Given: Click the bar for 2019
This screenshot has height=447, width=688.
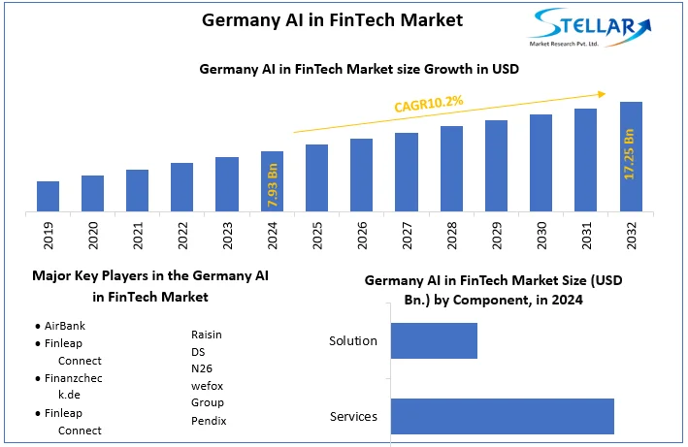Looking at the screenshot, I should point(48,196).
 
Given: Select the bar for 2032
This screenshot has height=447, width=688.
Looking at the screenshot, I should point(631,156).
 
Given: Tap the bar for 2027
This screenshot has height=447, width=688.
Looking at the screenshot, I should point(407,172).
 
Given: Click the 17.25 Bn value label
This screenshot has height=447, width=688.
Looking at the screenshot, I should point(630,154).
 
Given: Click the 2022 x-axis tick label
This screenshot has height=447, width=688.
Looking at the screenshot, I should point(182,237).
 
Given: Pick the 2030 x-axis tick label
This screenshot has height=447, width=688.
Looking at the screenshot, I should point(541,237).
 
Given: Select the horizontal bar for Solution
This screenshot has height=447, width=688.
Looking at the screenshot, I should point(434,341).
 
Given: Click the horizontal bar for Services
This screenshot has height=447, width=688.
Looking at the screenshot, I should point(502,416).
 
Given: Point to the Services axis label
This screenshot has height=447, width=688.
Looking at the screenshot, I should point(353,417).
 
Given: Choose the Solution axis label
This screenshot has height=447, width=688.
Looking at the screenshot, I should point(352,341).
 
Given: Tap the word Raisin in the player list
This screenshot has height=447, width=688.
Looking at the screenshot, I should point(207,335).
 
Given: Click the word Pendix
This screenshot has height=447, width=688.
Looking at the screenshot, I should point(209,421).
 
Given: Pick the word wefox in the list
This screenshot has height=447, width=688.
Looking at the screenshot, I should point(208,386).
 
